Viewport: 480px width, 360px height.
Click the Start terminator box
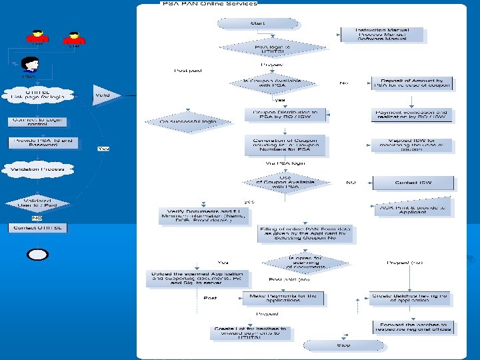pyautogui.click(x=257, y=23)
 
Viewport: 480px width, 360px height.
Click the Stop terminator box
pyautogui.click(x=343, y=345)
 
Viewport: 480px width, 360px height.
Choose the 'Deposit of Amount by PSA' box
pyautogui.click(x=412, y=83)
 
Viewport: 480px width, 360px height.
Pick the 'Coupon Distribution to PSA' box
pyautogui.click(x=285, y=115)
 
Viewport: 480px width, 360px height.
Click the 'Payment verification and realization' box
pyautogui.click(x=411, y=115)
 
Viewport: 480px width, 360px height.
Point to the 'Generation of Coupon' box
pyautogui.click(x=285, y=145)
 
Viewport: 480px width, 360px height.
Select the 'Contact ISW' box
pyautogui.click(x=413, y=182)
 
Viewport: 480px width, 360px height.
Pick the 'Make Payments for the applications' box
pyautogui.click(x=283, y=298)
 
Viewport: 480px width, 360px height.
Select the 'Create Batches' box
pyautogui.click(x=410, y=298)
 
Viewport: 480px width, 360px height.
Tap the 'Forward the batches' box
pyautogui.click(x=413, y=327)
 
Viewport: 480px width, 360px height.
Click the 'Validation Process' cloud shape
pyautogui.click(x=37, y=169)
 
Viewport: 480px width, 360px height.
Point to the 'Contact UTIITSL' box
pyautogui.click(x=37, y=227)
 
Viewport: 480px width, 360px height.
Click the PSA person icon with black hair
pyautogui.click(x=30, y=65)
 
